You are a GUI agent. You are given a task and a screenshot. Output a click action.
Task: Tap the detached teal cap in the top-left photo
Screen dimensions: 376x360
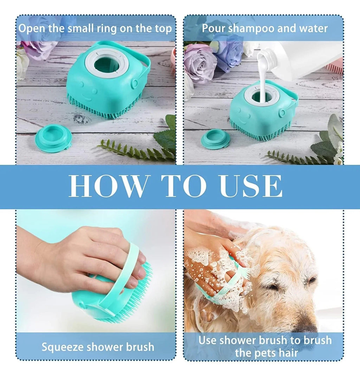click(x=53, y=138)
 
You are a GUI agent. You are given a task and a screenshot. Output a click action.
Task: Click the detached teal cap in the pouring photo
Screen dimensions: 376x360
click(x=216, y=139)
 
